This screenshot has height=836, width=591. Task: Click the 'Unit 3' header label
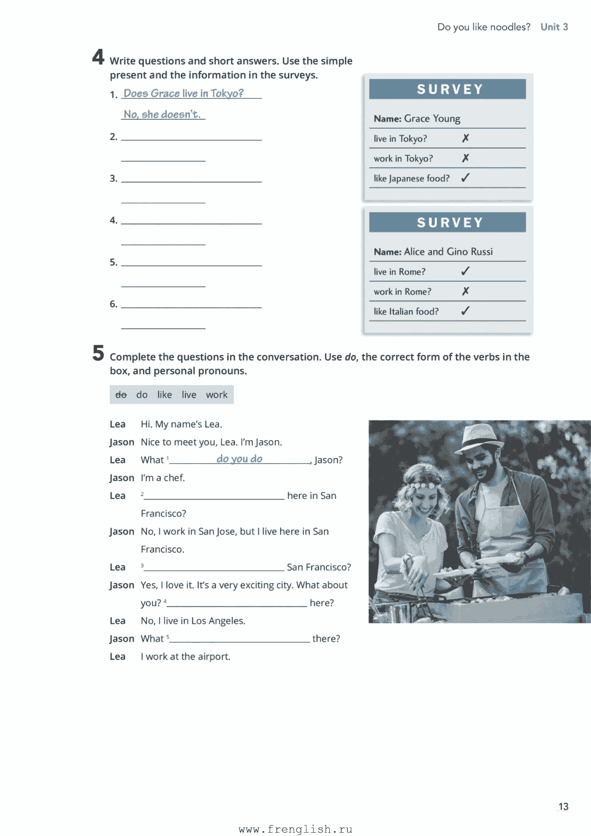pyautogui.click(x=554, y=27)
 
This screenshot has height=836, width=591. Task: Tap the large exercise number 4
pyautogui.click(x=98, y=57)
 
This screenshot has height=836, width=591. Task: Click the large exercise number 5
pyautogui.click(x=98, y=353)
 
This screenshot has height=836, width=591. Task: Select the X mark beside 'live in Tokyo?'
pyautogui.click(x=466, y=138)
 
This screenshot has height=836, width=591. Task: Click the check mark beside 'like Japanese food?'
pyautogui.click(x=466, y=178)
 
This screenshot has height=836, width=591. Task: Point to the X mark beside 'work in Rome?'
pyautogui.click(x=466, y=291)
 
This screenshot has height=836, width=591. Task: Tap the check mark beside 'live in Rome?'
pyautogui.click(x=466, y=271)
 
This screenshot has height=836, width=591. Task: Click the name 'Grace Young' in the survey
pyautogui.click(x=432, y=119)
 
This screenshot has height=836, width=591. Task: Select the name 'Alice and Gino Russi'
pyautogui.click(x=448, y=252)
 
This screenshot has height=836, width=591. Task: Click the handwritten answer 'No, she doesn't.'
pyautogui.click(x=162, y=114)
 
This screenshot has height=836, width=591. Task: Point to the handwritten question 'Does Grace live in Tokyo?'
pyautogui.click(x=183, y=93)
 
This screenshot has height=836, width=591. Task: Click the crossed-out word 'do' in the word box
pyautogui.click(x=121, y=395)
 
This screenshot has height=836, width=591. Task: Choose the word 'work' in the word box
pyautogui.click(x=216, y=395)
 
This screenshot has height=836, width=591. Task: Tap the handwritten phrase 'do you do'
pyautogui.click(x=239, y=459)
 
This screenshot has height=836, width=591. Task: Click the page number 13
pyautogui.click(x=563, y=806)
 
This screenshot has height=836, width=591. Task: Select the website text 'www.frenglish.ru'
pyautogui.click(x=295, y=829)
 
